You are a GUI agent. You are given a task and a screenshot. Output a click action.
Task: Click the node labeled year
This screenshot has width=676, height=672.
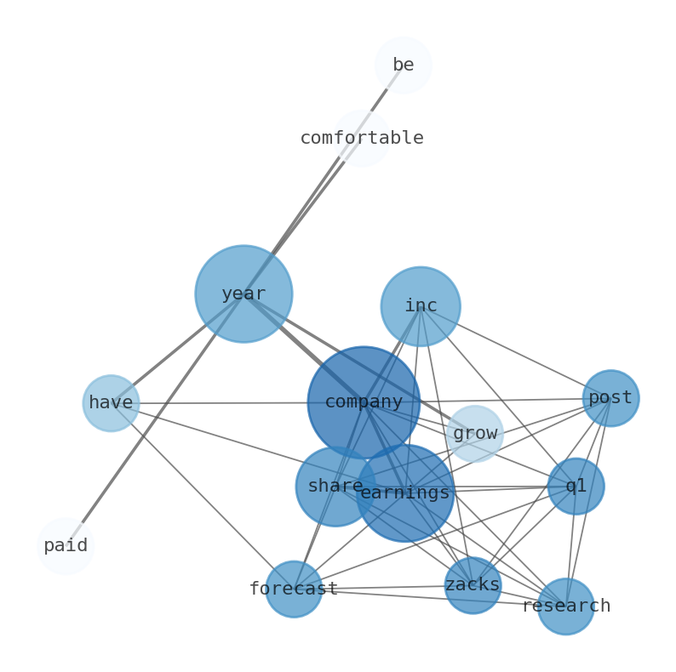(243, 293)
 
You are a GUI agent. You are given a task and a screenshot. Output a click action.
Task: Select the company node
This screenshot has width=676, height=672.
(364, 402)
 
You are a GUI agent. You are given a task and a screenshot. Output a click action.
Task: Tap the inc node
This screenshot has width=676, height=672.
(421, 306)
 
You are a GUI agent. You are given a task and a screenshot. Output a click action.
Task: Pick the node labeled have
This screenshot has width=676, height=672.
(111, 403)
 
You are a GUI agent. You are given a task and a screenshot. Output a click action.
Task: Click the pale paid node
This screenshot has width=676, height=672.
(66, 546)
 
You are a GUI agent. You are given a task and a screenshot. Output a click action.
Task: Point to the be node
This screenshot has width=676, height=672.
(403, 65)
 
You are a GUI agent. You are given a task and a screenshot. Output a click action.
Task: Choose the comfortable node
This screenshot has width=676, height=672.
(362, 138)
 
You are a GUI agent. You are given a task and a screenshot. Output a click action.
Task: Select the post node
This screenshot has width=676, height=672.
(610, 398)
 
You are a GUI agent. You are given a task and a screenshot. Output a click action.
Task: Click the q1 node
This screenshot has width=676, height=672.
(576, 487)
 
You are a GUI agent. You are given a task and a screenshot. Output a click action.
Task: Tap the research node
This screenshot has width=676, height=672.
(565, 607)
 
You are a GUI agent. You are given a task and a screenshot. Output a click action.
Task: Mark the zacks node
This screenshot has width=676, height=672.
(473, 585)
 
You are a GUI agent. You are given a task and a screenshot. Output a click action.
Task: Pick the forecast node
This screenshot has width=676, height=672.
(294, 589)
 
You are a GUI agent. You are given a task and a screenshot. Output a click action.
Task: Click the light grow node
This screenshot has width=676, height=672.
(475, 434)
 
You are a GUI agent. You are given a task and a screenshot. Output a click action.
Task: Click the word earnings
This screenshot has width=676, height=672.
(405, 493)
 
